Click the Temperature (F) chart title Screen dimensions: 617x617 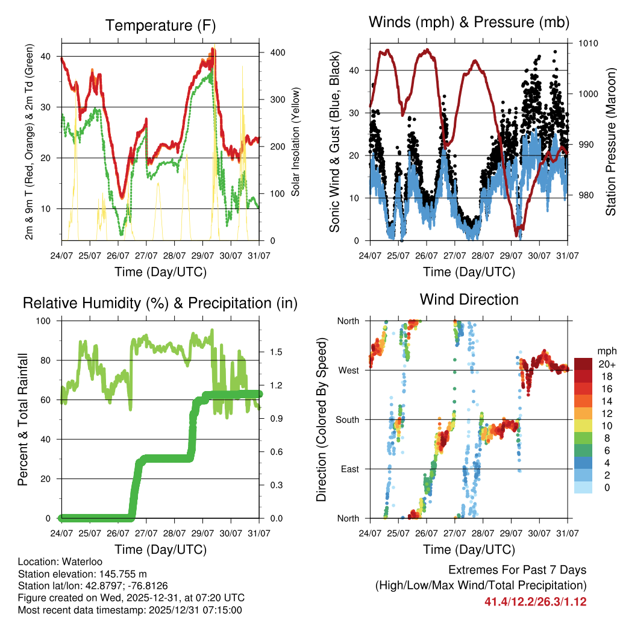pos(160,25)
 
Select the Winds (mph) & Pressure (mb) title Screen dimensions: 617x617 pos(469,23)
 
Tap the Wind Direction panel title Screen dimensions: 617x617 pos(469,299)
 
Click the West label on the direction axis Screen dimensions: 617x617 pos(349,370)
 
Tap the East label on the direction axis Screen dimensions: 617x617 pos(350,469)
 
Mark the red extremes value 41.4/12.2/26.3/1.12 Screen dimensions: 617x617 pos(535,601)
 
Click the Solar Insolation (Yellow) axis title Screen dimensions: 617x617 pos(296,142)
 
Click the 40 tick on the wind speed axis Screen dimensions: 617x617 pos(355,70)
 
